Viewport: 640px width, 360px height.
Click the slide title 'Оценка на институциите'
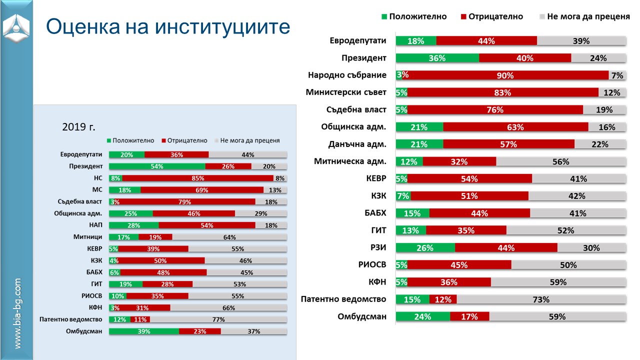point(168,26)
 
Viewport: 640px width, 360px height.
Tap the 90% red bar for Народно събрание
point(505,75)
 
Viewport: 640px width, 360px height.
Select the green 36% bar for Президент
point(437,58)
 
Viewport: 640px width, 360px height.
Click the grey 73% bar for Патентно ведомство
point(541,299)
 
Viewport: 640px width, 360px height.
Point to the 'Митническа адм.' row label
point(350,161)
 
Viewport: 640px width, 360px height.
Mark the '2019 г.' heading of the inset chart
point(78,127)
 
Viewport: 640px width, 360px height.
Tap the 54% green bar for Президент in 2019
point(157,166)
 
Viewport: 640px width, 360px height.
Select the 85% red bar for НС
point(197,178)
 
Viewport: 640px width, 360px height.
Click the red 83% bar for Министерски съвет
point(502,92)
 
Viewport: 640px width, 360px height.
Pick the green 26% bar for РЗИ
point(425,247)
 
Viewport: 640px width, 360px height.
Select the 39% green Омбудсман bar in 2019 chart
point(144,331)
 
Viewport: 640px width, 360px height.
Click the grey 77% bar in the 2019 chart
point(218,319)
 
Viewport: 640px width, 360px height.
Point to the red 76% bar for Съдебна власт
point(495,110)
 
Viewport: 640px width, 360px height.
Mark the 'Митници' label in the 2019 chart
point(91,237)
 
